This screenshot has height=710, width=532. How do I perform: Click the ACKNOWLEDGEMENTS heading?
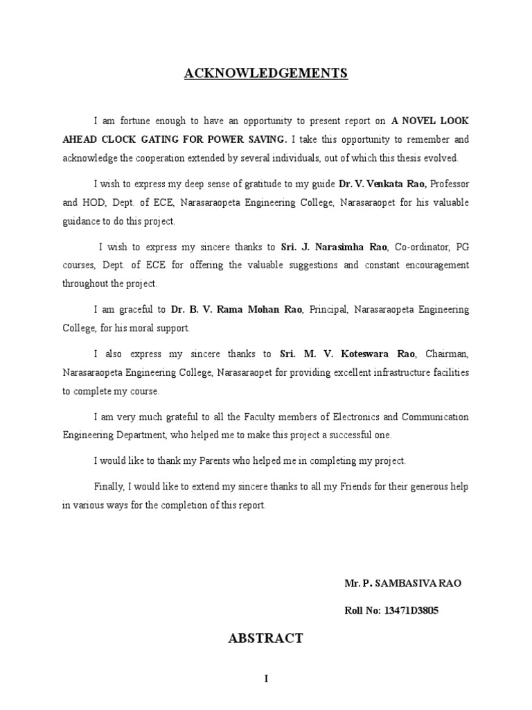coord(266,73)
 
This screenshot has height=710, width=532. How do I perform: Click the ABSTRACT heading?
coord(266,639)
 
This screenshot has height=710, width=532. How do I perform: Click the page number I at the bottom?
coord(266,680)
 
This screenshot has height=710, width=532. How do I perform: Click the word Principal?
coord(328,309)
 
